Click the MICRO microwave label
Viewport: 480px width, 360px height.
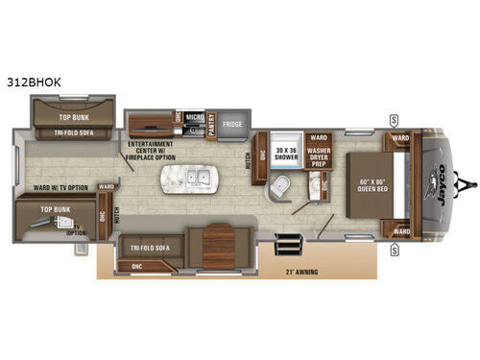click(192, 116)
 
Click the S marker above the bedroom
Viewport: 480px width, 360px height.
click(393, 119)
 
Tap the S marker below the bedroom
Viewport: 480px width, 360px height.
click(394, 248)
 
